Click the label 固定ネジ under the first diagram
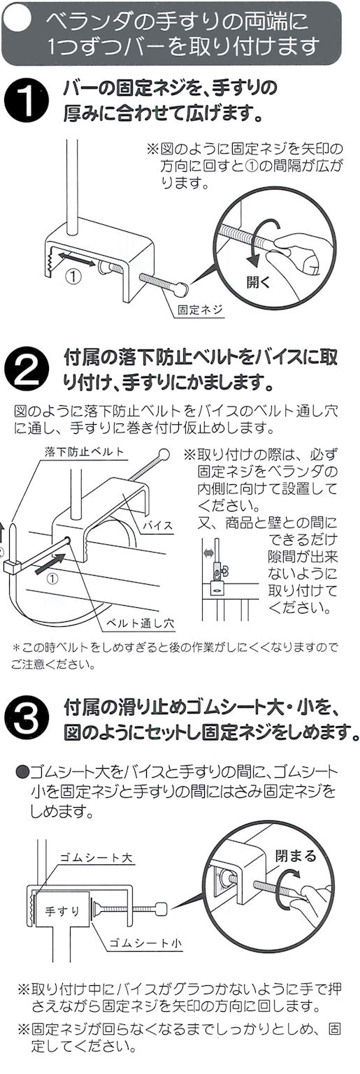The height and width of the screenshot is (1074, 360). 200,310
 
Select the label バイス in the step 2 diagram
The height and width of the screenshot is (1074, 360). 157,525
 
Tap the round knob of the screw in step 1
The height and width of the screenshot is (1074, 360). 182,289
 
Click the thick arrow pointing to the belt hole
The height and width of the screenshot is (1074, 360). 48,563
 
